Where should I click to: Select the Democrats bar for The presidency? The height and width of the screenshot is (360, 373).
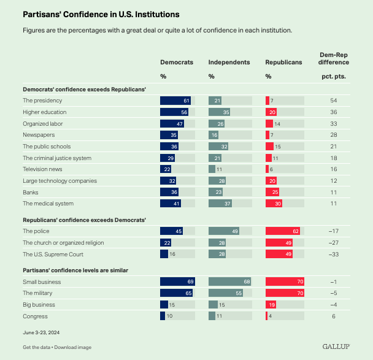(175, 100)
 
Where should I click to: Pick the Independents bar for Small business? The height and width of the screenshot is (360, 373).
(228, 281)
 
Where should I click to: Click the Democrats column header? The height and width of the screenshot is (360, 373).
(177, 63)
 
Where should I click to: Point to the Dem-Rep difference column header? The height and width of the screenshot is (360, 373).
(334, 58)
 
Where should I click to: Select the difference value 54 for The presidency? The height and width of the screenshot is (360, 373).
(334, 100)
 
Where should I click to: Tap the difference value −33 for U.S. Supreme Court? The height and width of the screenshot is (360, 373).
(334, 254)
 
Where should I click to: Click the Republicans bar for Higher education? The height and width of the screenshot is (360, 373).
(271, 112)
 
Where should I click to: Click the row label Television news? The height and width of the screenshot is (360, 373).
(43, 169)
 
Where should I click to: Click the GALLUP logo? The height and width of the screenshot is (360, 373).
(336, 347)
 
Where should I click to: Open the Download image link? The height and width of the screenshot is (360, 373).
(74, 347)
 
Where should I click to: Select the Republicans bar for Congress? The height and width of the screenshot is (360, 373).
(267, 316)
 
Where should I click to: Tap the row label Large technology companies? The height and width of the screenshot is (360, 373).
(60, 180)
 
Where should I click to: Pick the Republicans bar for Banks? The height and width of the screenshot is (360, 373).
(272, 191)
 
